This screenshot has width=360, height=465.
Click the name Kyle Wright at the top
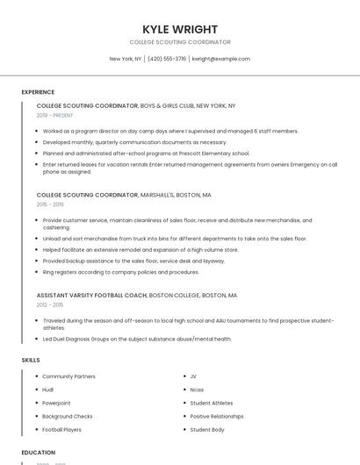180,29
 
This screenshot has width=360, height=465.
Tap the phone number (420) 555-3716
167,59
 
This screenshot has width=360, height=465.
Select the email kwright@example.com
221,59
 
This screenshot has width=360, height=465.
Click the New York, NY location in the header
126,59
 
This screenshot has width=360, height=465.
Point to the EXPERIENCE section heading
38,92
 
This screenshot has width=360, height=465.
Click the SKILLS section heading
31,360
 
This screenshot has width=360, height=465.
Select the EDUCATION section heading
39,453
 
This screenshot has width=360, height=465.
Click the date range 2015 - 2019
50,204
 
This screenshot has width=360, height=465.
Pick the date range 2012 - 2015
50,304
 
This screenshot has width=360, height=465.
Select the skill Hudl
48,390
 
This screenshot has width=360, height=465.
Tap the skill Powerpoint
56,403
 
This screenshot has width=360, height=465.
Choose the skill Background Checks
68,416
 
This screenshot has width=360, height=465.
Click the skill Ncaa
197,390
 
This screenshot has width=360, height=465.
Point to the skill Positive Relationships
217,416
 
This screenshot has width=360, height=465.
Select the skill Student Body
207,429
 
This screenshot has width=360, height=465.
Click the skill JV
193,376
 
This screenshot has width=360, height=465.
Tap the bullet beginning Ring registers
121,272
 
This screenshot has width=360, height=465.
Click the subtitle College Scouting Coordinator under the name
180,42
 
